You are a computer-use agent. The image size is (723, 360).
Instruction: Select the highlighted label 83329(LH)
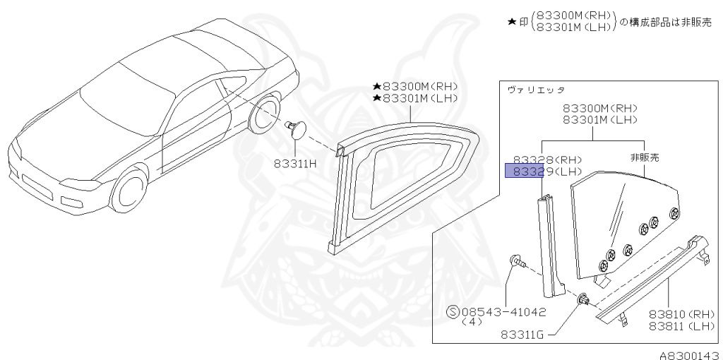[x=539, y=172]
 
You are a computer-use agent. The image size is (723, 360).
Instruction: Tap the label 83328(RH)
[x=539, y=160]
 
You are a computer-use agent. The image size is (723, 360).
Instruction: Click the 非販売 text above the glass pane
[x=644, y=157]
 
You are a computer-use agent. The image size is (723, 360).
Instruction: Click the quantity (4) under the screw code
[x=472, y=321]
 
